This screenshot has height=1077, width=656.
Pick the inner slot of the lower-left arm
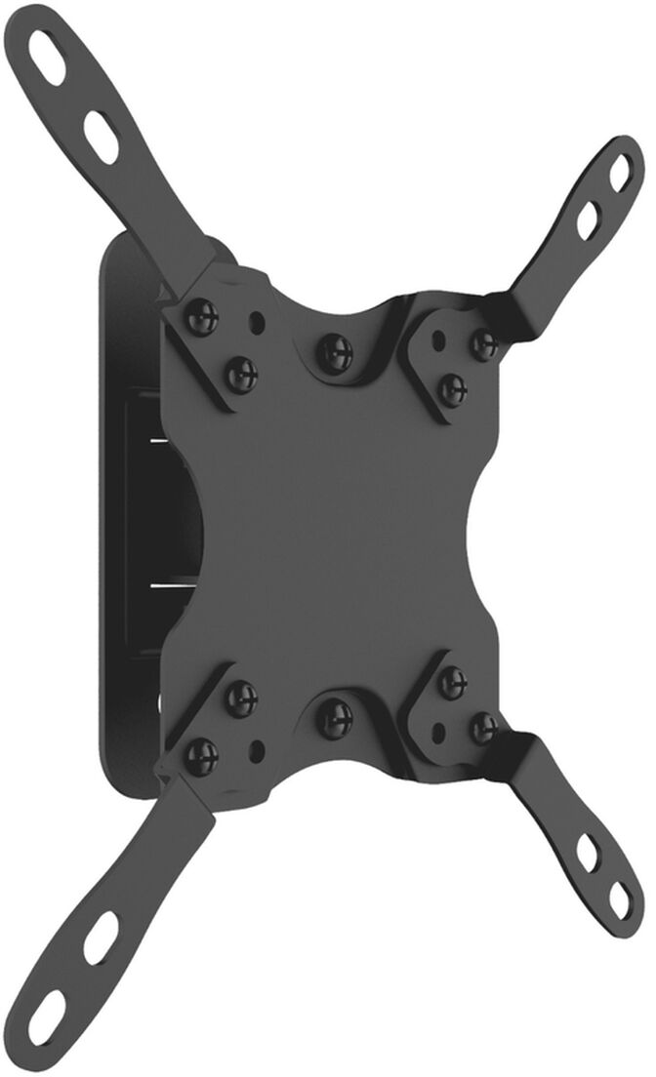tap(100, 937)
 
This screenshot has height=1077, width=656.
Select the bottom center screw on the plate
tap(334, 717)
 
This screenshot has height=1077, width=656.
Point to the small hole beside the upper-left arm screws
tap(257, 319)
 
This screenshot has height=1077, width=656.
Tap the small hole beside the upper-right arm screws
tap(439, 340)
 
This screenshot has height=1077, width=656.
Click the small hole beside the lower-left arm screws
tap(257, 749)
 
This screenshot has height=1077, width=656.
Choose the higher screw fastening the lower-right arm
tap(452, 682)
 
